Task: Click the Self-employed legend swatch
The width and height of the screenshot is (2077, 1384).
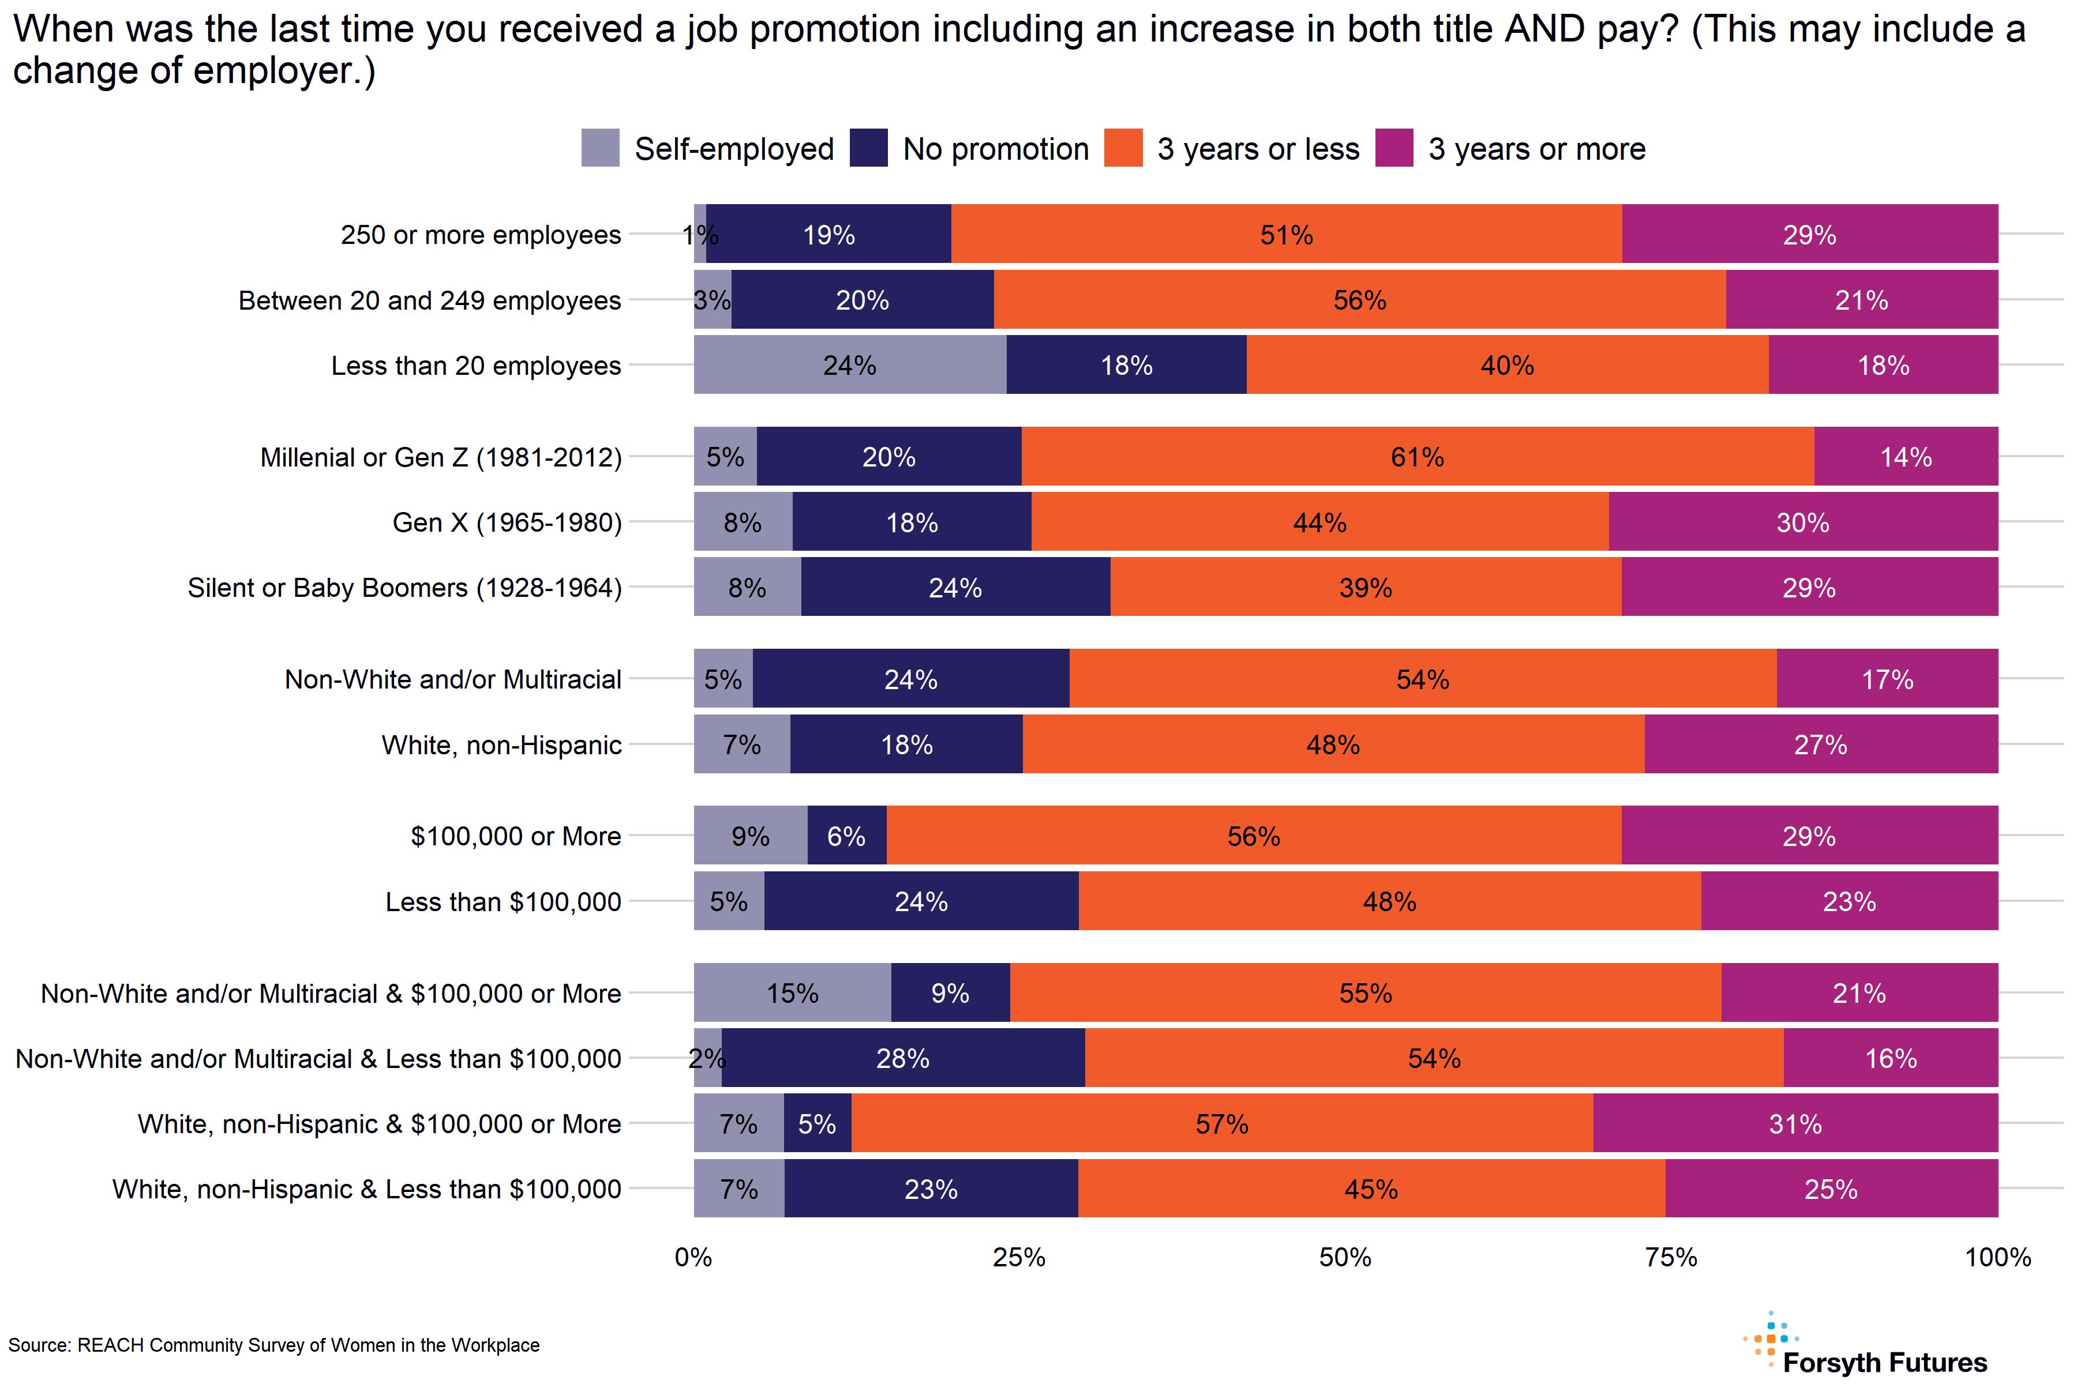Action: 601,148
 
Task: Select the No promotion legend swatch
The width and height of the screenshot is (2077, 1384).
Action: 868,148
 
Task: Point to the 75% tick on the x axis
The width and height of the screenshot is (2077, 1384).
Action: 1671,1257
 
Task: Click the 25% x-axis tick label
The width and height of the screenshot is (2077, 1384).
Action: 1019,1257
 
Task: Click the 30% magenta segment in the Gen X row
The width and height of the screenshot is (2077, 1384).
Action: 1802,522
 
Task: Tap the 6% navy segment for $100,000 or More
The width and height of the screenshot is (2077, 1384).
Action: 846,835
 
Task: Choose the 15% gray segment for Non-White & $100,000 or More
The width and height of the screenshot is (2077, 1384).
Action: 792,993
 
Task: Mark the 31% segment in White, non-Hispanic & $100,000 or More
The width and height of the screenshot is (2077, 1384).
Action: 1795,1123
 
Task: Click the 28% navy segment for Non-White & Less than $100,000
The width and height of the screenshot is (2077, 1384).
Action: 902,1058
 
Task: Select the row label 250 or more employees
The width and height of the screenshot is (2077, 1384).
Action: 481,235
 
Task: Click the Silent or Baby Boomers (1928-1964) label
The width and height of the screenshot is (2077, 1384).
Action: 404,588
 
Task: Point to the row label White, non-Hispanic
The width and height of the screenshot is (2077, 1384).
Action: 501,745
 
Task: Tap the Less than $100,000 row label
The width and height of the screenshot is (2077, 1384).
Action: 503,901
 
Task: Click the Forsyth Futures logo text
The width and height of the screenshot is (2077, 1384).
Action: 1884,1362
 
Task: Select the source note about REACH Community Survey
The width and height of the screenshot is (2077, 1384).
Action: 273,1345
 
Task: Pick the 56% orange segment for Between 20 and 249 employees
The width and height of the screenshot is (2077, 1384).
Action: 1359,299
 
